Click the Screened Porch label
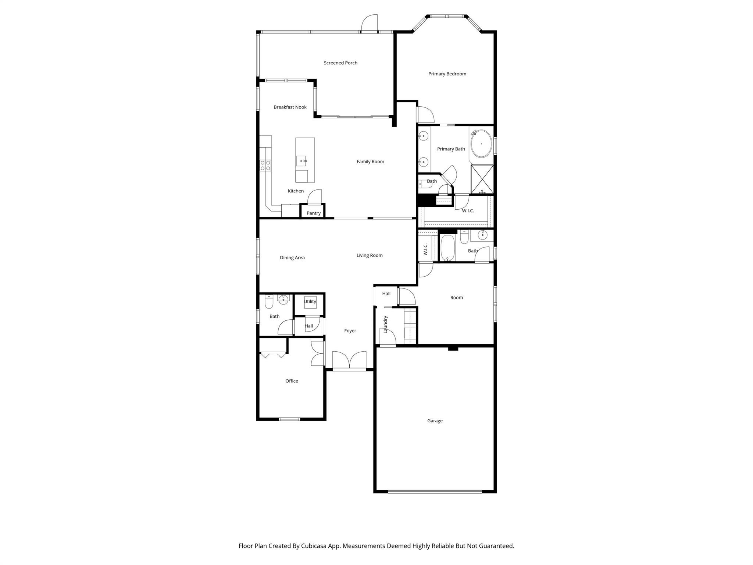click(340, 63)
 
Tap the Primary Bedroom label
click(447, 74)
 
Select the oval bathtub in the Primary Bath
click(481, 144)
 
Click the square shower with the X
click(482, 179)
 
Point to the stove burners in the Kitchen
click(265, 165)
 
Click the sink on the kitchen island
click(301, 161)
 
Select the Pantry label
click(313, 213)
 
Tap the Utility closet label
click(310, 302)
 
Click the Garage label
click(435, 421)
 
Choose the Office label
click(292, 381)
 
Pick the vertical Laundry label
click(385, 324)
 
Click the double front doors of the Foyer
click(349, 360)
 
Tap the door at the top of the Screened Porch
click(369, 24)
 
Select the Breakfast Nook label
click(290, 107)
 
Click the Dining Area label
click(292, 258)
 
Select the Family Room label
click(370, 162)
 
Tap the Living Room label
click(370, 256)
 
